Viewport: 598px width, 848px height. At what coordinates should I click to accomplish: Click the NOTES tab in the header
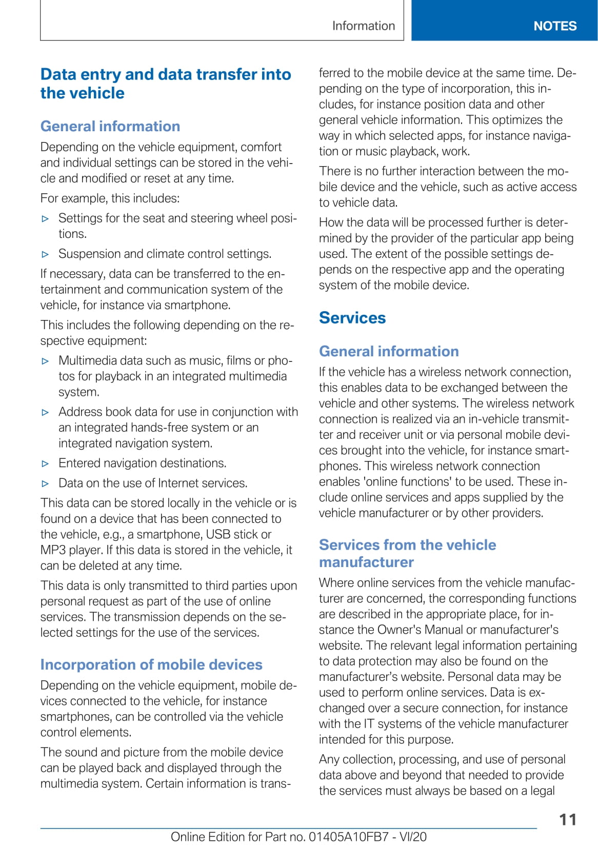[555, 26]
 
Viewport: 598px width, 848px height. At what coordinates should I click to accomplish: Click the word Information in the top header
[364, 26]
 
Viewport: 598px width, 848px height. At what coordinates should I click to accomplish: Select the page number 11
[568, 819]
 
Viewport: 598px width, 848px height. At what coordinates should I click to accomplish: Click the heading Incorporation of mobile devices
[151, 664]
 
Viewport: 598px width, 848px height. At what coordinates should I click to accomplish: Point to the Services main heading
[352, 318]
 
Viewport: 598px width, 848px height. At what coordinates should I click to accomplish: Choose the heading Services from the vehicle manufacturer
[407, 553]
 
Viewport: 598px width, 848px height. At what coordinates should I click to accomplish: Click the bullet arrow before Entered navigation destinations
[46, 463]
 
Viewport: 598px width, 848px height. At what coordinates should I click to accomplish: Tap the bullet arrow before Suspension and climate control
[46, 254]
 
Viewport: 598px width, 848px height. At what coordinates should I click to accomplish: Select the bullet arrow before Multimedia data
[46, 361]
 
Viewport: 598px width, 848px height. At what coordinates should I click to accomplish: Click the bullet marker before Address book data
[46, 412]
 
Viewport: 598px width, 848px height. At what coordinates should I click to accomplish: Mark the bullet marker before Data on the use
[46, 483]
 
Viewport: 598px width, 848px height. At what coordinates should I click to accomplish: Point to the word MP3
[53, 550]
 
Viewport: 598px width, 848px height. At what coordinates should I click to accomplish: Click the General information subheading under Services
[389, 351]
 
